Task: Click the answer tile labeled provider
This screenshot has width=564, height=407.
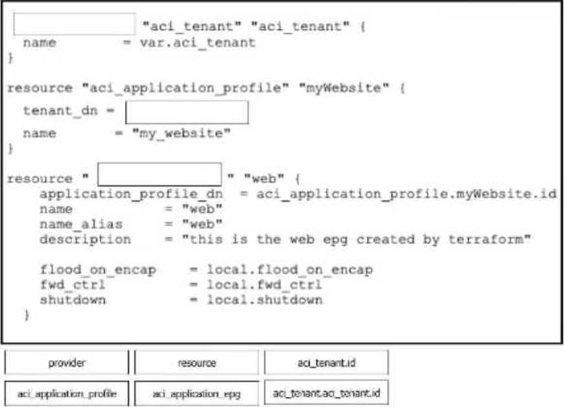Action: pos(67,363)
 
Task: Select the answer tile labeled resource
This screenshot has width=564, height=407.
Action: pos(196,363)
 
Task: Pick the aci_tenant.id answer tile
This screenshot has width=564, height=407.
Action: pos(326,363)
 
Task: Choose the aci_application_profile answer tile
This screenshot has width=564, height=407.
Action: pos(67,393)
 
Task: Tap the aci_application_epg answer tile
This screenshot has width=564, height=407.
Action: pos(196,393)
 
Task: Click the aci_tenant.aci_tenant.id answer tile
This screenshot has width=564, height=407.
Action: pos(326,392)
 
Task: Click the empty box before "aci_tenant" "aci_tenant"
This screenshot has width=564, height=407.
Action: pos(74,24)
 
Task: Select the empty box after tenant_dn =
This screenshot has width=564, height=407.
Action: pos(186,112)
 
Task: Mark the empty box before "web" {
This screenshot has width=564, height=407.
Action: pos(159,174)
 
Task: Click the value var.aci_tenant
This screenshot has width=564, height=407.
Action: pos(197,43)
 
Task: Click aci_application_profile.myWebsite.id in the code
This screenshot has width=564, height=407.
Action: pos(406,194)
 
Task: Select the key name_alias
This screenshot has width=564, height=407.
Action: pos(81,224)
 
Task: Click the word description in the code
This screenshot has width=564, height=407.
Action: pos(85,239)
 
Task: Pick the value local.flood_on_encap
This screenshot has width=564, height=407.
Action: pos(290,269)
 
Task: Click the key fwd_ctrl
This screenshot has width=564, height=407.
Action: pos(72,284)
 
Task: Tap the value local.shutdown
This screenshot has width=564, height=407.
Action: pos(265,300)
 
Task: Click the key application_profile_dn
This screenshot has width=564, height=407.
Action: pos(131,194)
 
